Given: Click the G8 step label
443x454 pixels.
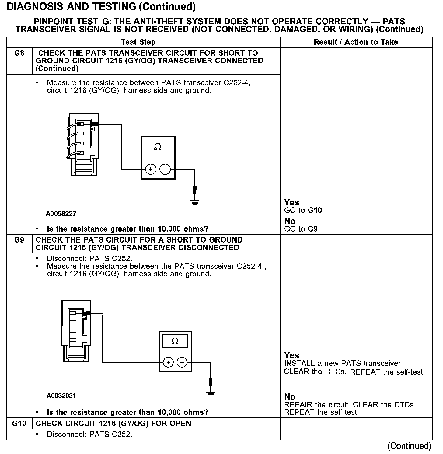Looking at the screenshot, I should click(x=19, y=53).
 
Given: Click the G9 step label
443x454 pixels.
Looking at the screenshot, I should click(x=19, y=240).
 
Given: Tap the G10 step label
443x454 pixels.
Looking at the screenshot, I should click(x=19, y=424).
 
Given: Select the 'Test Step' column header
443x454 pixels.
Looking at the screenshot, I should click(x=138, y=42).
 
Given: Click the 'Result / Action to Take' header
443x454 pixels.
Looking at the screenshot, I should click(x=356, y=42).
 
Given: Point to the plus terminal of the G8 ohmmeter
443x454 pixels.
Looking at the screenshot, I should click(x=151, y=169).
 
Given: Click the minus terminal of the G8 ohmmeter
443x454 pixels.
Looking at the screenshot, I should click(x=165, y=169).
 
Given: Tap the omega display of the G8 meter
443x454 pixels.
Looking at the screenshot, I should click(x=158, y=147).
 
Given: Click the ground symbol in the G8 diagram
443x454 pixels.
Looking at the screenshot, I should click(x=195, y=202).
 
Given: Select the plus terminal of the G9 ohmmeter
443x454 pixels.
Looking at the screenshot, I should click(x=168, y=362).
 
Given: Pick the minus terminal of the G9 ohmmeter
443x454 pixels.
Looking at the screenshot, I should click(x=182, y=362).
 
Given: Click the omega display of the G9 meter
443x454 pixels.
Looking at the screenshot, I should click(x=175, y=341).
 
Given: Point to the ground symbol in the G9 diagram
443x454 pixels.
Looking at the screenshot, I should click(x=211, y=394).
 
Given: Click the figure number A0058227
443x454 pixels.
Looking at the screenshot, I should click(x=61, y=214).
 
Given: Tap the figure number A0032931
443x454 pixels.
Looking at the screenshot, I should click(x=61, y=396).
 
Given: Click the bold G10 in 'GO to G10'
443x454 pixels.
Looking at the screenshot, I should click(x=315, y=210).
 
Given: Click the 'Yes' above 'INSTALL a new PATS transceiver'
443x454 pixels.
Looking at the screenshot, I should click(x=291, y=355).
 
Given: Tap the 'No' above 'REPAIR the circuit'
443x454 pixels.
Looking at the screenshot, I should click(x=290, y=397).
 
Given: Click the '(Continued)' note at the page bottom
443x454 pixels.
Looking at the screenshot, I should click(x=409, y=446).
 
